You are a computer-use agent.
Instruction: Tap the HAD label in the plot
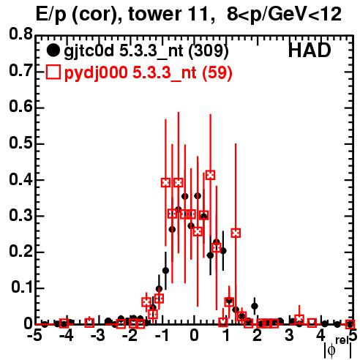[310, 50]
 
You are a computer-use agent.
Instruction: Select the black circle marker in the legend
[53, 50]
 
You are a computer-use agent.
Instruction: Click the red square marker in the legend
[53, 72]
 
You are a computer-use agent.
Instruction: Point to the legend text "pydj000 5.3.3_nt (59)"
[148, 72]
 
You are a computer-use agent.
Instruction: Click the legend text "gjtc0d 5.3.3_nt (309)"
[146, 51]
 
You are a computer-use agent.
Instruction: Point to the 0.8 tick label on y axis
[21, 34]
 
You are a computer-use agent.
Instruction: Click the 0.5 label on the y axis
[21, 143]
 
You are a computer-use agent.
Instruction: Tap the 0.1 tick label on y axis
[22, 288]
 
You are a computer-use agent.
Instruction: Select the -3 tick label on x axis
[97, 336]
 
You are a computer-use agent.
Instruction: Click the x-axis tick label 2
[258, 336]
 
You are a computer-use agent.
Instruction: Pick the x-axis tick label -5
[34, 336]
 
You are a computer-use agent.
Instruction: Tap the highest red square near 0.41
[210, 175]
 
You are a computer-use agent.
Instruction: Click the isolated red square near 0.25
[236, 233]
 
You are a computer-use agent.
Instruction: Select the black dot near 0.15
[165, 271]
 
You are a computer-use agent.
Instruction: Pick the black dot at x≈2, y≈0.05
[255, 306]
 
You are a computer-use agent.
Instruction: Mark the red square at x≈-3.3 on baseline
[89, 323]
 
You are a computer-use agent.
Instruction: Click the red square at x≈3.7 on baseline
[312, 323]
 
